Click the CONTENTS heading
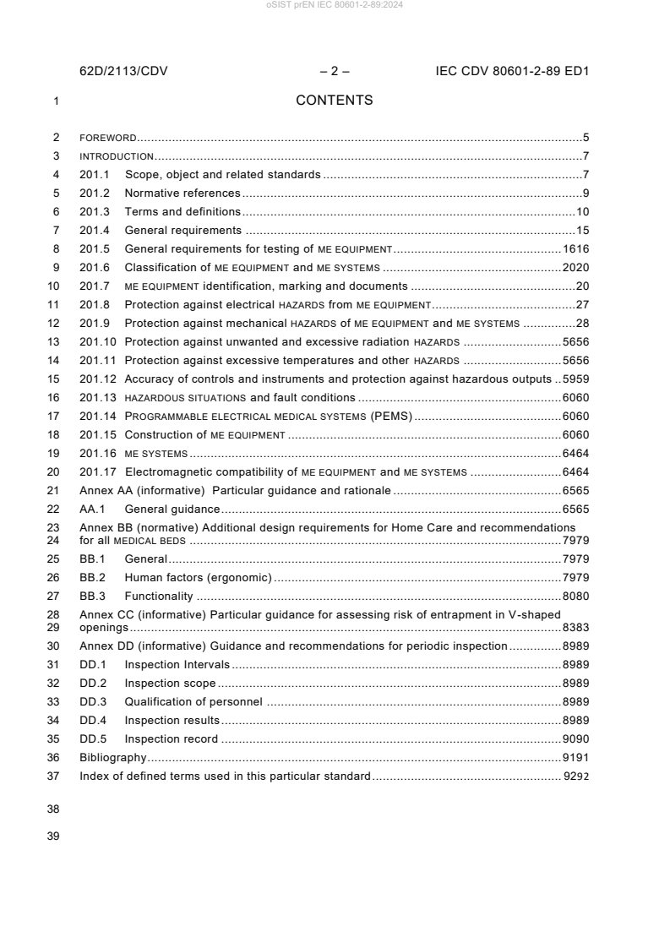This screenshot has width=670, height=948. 334,101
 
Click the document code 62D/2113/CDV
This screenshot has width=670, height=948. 123,72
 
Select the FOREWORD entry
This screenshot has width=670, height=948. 108,137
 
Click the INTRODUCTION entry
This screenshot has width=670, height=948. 117,156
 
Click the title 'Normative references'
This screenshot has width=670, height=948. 182,193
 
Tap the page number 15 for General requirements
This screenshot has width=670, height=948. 582,231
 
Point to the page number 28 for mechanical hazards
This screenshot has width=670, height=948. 582,324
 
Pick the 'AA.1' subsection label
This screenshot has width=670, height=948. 92,509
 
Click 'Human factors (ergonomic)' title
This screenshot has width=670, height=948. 198,578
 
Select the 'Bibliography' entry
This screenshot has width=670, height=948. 112,758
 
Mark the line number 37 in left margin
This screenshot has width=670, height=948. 55,776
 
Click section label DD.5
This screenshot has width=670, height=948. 93,739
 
